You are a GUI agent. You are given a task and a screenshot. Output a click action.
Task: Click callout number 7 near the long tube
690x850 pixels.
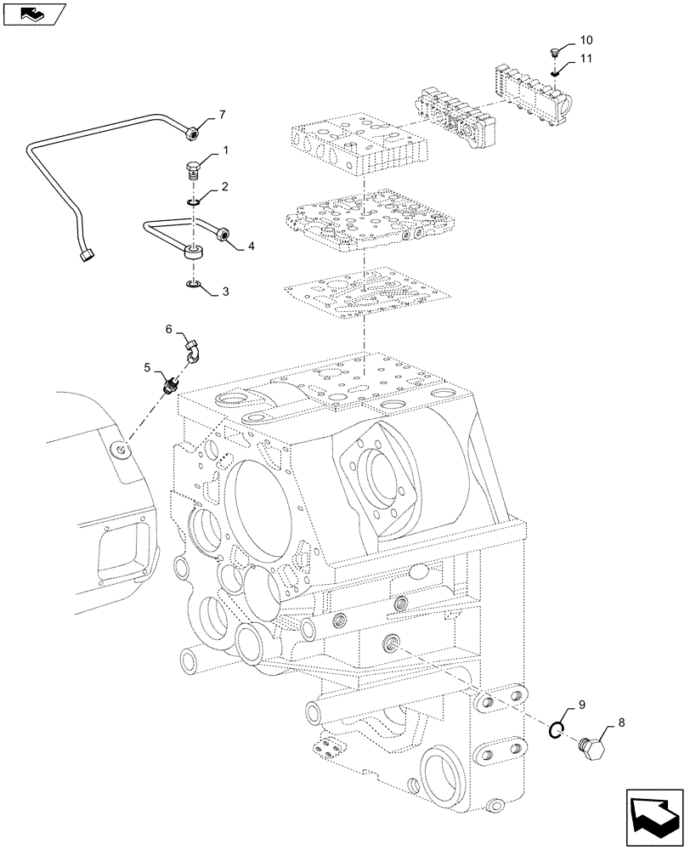[222, 114]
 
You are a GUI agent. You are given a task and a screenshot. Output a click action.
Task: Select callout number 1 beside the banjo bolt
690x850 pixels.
[225, 150]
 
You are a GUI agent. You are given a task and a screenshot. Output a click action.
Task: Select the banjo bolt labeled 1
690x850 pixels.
[195, 169]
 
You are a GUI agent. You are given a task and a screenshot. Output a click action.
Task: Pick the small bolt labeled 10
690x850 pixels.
[554, 54]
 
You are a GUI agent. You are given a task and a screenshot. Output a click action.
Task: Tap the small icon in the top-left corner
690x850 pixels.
[33, 14]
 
